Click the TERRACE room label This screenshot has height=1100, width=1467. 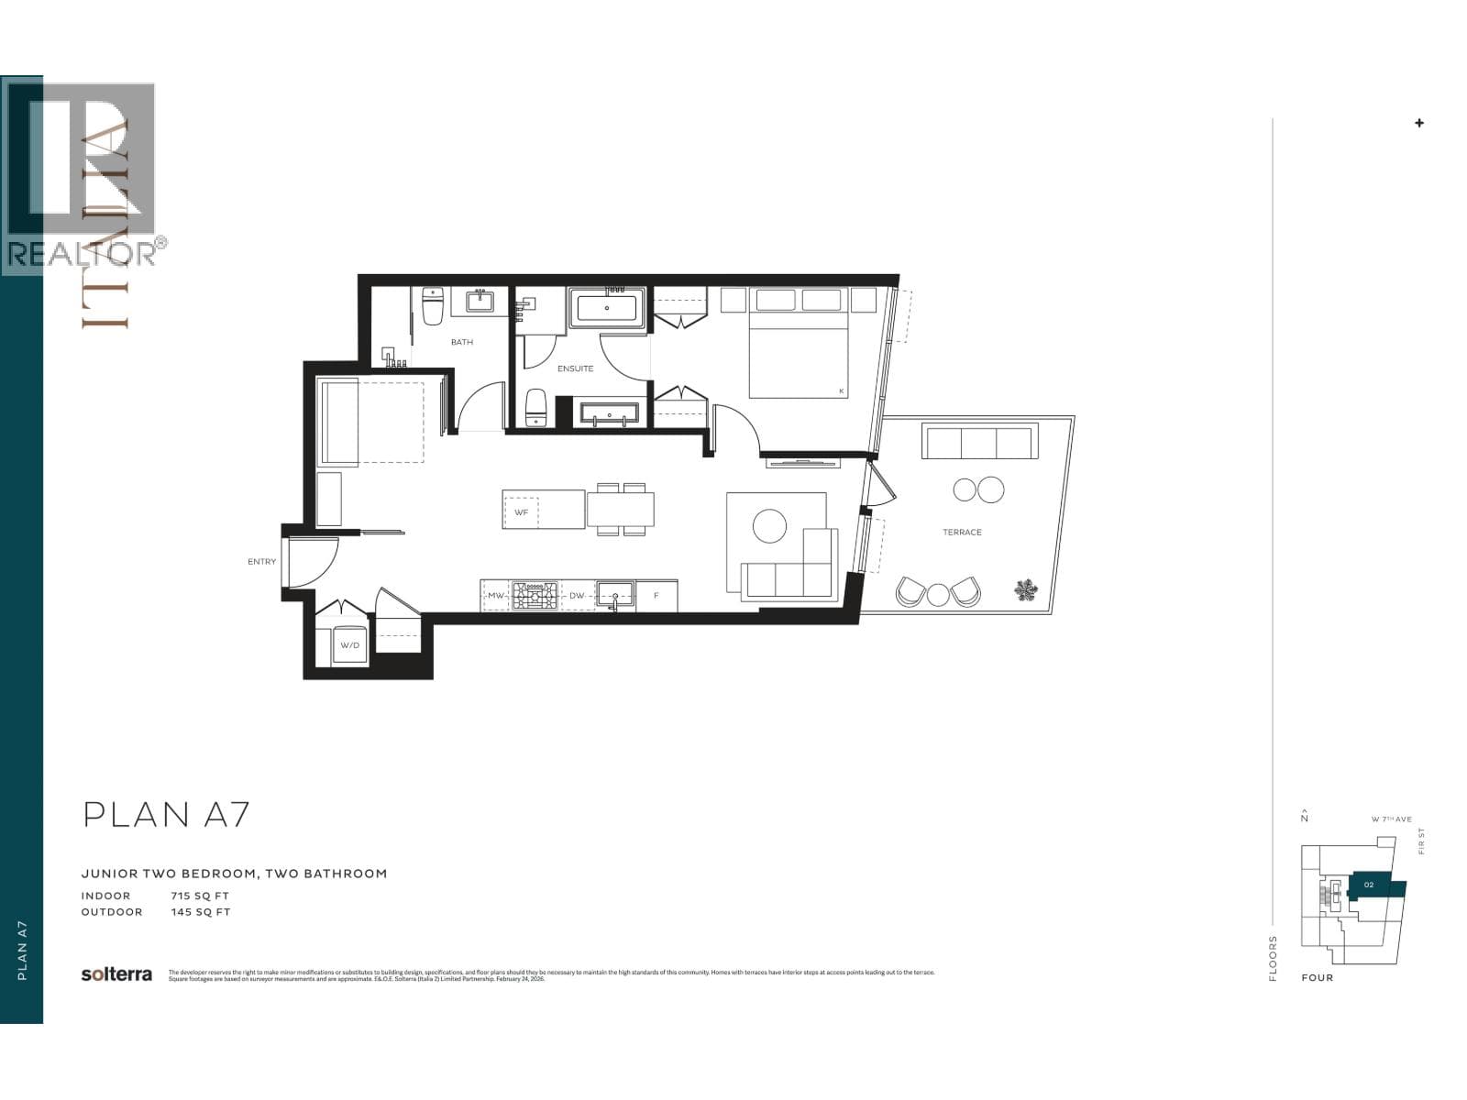coord(962,532)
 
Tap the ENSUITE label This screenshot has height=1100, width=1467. coord(575,368)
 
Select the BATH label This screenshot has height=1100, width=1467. coord(461,342)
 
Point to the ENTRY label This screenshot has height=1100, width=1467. coord(261,561)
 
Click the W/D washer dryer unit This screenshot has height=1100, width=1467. coord(350,645)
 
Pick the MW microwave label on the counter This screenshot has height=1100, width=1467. coord(495,596)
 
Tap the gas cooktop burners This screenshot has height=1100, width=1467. coord(535,596)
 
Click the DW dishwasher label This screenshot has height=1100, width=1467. coord(577,596)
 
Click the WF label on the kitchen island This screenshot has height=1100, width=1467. coord(521,511)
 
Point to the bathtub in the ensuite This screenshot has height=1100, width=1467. coord(607,308)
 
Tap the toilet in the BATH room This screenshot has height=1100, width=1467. coord(433,305)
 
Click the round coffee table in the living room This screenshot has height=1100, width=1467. coord(769,526)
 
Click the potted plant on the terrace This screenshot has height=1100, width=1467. coord(1026,589)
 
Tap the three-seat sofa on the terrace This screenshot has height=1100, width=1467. coord(979,442)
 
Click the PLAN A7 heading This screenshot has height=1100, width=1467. coord(166,815)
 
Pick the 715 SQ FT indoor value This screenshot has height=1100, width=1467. coord(200,896)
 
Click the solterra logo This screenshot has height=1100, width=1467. coord(116,974)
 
